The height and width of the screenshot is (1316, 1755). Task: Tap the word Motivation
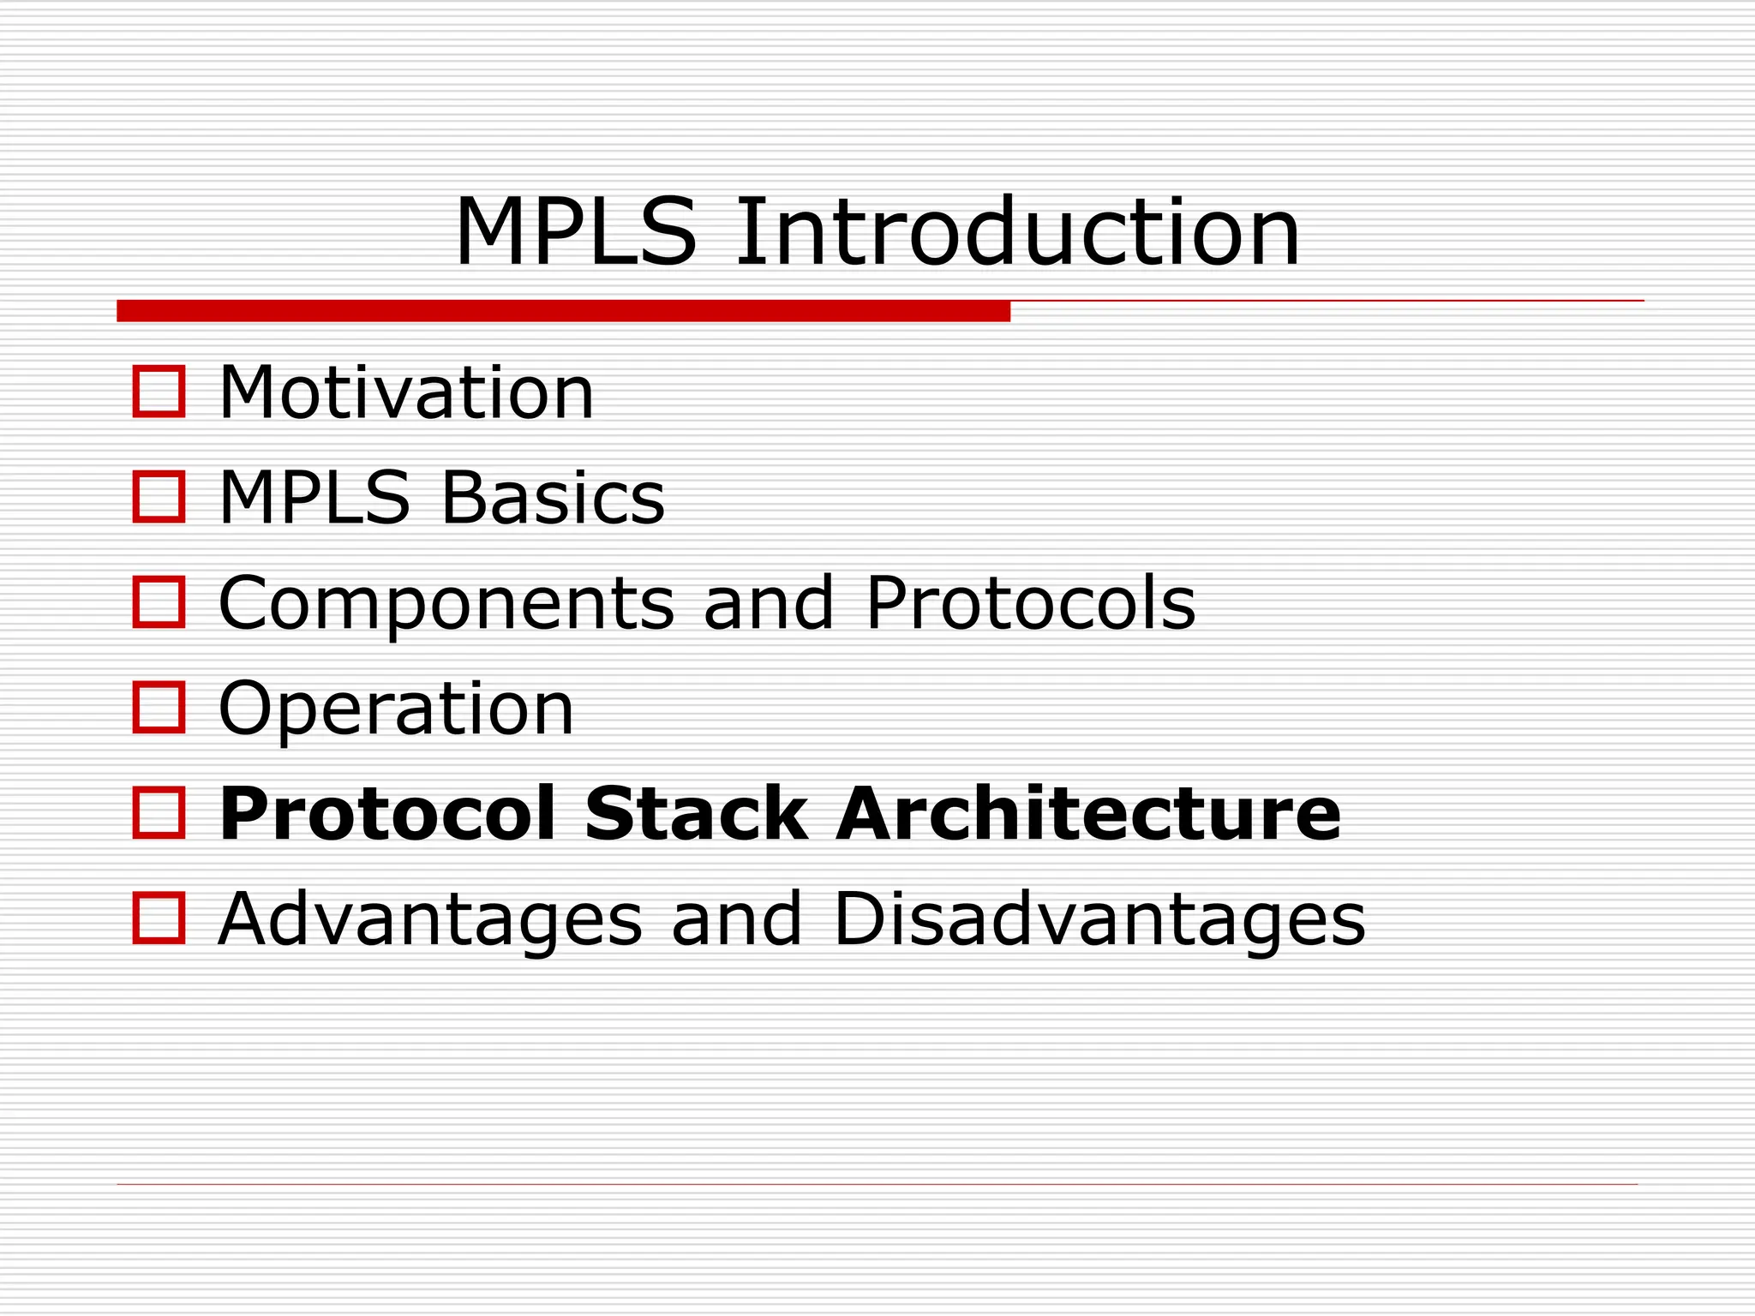pyautogui.click(x=406, y=393)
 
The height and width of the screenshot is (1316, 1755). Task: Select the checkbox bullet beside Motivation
pyautogui.click(x=159, y=392)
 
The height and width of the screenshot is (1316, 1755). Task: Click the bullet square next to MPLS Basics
pyautogui.click(x=159, y=497)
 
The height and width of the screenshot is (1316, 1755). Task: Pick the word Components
pyautogui.click(x=446, y=604)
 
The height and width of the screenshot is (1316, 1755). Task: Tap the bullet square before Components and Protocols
pyautogui.click(x=159, y=602)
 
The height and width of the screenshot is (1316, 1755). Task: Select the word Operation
pyautogui.click(x=396, y=710)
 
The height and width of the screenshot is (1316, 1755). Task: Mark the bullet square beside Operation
pyautogui.click(x=159, y=708)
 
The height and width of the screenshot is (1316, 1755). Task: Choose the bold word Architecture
pyautogui.click(x=1088, y=813)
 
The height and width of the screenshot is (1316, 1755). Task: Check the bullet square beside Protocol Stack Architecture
pyautogui.click(x=159, y=813)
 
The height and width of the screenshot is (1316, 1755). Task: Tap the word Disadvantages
pyautogui.click(x=1099, y=918)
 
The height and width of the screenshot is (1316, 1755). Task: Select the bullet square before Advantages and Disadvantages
pyautogui.click(x=159, y=918)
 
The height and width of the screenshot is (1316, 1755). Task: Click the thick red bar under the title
pyautogui.click(x=563, y=311)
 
